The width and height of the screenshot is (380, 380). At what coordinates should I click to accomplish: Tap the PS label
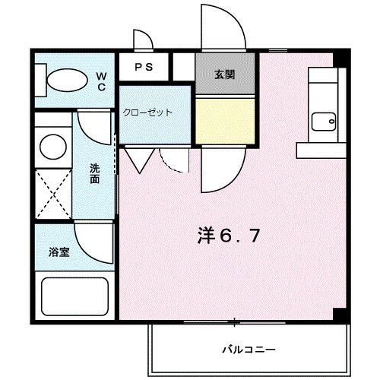[x=144, y=66]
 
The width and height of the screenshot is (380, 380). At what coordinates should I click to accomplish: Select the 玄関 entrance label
[x=224, y=74]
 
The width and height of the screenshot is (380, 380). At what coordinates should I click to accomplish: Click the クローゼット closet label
[x=147, y=112]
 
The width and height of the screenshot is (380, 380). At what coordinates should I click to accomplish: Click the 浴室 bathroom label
[x=60, y=252]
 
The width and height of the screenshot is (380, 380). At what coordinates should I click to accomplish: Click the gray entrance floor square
[x=223, y=75]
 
